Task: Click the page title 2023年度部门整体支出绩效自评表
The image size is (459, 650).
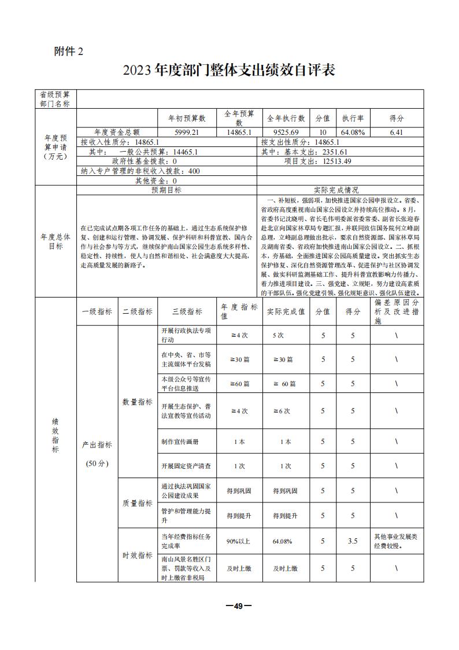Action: (229, 71)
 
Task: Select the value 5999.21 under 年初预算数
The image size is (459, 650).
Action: (187, 133)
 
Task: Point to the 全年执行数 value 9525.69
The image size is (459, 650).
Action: (286, 133)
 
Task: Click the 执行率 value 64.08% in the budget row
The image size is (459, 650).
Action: (353, 133)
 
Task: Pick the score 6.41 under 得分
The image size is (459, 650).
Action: (396, 133)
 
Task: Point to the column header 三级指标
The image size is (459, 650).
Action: (187, 311)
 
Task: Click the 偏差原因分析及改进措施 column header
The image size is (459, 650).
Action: (396, 311)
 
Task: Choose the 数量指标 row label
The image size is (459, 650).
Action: (137, 402)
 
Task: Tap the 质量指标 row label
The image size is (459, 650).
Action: (137, 503)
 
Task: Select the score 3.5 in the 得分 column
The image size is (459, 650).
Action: (353, 541)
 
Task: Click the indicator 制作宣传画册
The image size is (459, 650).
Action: (179, 442)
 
